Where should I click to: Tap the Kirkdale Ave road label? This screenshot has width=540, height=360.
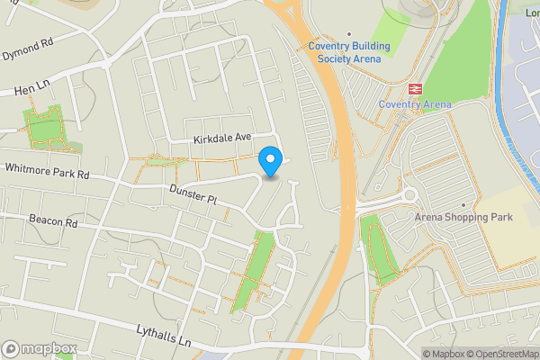pyautogui.click(x=221, y=139)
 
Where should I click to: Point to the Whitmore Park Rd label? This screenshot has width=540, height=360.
pyautogui.click(x=48, y=169)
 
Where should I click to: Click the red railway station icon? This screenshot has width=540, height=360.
pyautogui.click(x=415, y=88)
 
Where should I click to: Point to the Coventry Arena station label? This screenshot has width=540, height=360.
pyautogui.click(x=415, y=104)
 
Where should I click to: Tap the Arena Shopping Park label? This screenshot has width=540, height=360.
pyautogui.click(x=463, y=216)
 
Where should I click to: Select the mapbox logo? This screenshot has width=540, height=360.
pyautogui.click(x=40, y=348)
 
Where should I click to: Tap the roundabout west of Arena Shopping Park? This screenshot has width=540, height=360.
pyautogui.click(x=410, y=194)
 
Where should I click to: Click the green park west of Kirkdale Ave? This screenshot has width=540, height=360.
pyautogui.click(x=45, y=127)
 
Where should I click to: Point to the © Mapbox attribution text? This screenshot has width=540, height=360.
pyautogui.click(x=444, y=353)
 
